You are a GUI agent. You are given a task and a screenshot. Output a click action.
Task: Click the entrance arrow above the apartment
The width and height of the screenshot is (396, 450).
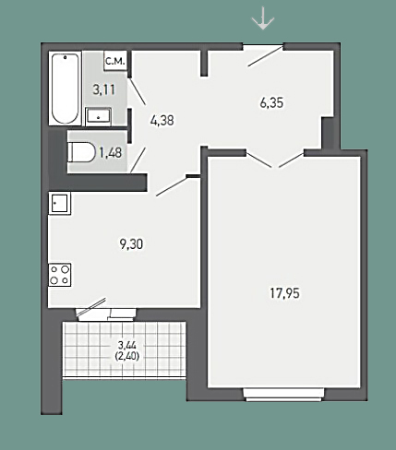263,19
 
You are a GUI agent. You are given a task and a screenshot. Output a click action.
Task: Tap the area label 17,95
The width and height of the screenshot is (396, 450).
284,293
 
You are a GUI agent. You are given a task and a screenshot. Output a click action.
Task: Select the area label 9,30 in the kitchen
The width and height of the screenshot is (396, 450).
131,244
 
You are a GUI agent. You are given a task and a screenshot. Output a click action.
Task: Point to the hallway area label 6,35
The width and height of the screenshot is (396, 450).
271,102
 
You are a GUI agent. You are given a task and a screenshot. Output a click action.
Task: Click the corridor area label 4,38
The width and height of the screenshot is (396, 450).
162,120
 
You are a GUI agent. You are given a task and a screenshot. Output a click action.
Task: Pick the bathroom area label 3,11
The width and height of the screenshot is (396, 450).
104,89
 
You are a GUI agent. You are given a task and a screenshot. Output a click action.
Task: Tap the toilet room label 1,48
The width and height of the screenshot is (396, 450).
111,152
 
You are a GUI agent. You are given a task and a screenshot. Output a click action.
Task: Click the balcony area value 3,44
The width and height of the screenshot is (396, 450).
127,345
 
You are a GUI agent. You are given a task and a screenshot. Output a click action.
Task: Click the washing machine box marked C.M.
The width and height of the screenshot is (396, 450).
115,61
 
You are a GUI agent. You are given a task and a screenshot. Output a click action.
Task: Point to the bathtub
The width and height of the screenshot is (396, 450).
65,89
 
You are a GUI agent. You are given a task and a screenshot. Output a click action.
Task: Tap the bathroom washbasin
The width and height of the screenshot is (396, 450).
98,116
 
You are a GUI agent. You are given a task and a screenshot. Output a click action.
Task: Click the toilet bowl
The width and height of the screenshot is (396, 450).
82,152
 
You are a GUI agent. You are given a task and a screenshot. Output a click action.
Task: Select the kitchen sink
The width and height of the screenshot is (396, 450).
59,203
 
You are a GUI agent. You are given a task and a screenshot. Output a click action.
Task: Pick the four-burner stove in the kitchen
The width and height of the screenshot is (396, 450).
60,275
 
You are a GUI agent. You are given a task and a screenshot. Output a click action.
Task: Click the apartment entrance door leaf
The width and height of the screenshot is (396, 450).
265,56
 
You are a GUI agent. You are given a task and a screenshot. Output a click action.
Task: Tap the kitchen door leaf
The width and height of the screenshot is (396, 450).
172,185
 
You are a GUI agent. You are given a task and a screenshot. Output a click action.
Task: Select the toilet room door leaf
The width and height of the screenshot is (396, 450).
138,160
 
